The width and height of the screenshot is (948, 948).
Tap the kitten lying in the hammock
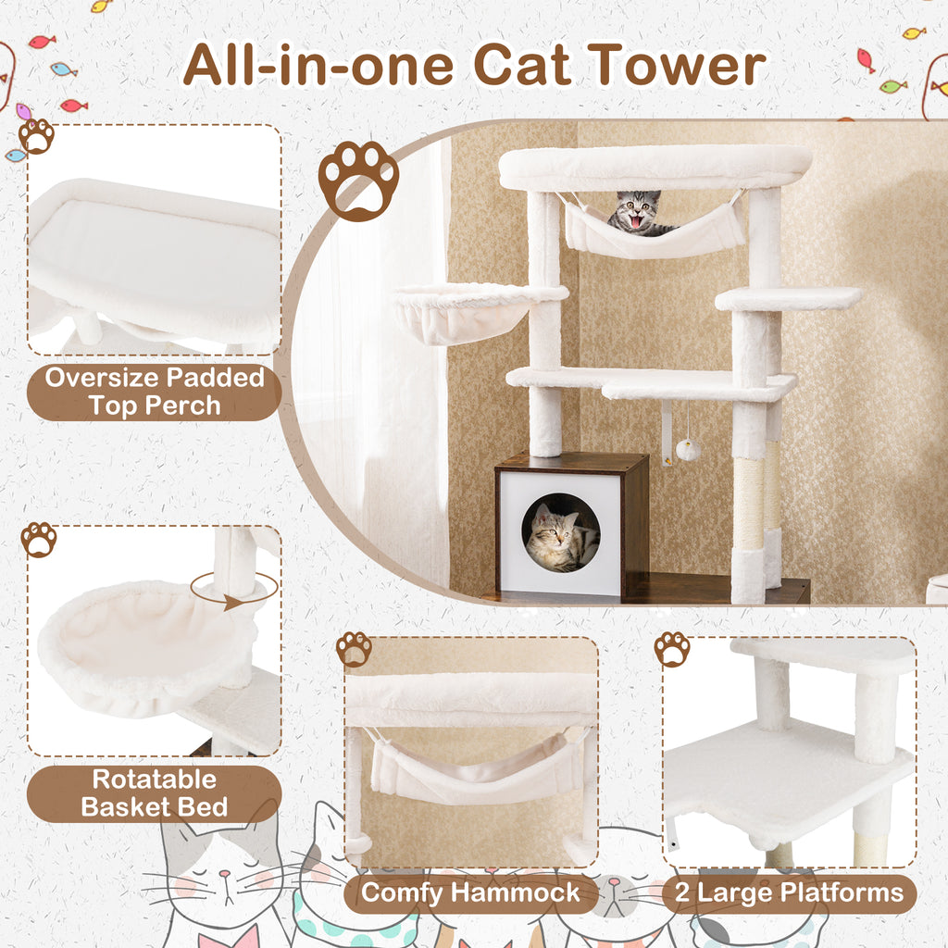[639, 214]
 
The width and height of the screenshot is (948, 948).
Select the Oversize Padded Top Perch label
[155, 391]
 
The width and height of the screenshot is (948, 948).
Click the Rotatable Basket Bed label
[154, 792]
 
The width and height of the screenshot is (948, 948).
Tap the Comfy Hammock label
[470, 892]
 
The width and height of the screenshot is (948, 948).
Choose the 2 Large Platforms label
[788, 892]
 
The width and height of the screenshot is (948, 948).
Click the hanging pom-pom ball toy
[687, 450]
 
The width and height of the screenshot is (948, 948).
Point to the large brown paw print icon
[358, 179]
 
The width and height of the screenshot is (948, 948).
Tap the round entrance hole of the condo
[560, 532]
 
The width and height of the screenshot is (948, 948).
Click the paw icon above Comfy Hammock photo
[354, 649]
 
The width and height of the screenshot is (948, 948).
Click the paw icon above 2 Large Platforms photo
[672, 649]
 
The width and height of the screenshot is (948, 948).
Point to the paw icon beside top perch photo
[36, 136]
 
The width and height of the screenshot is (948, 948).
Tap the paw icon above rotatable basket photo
[39, 539]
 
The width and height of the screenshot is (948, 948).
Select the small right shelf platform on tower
[788, 298]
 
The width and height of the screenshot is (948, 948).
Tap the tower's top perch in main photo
[655, 167]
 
